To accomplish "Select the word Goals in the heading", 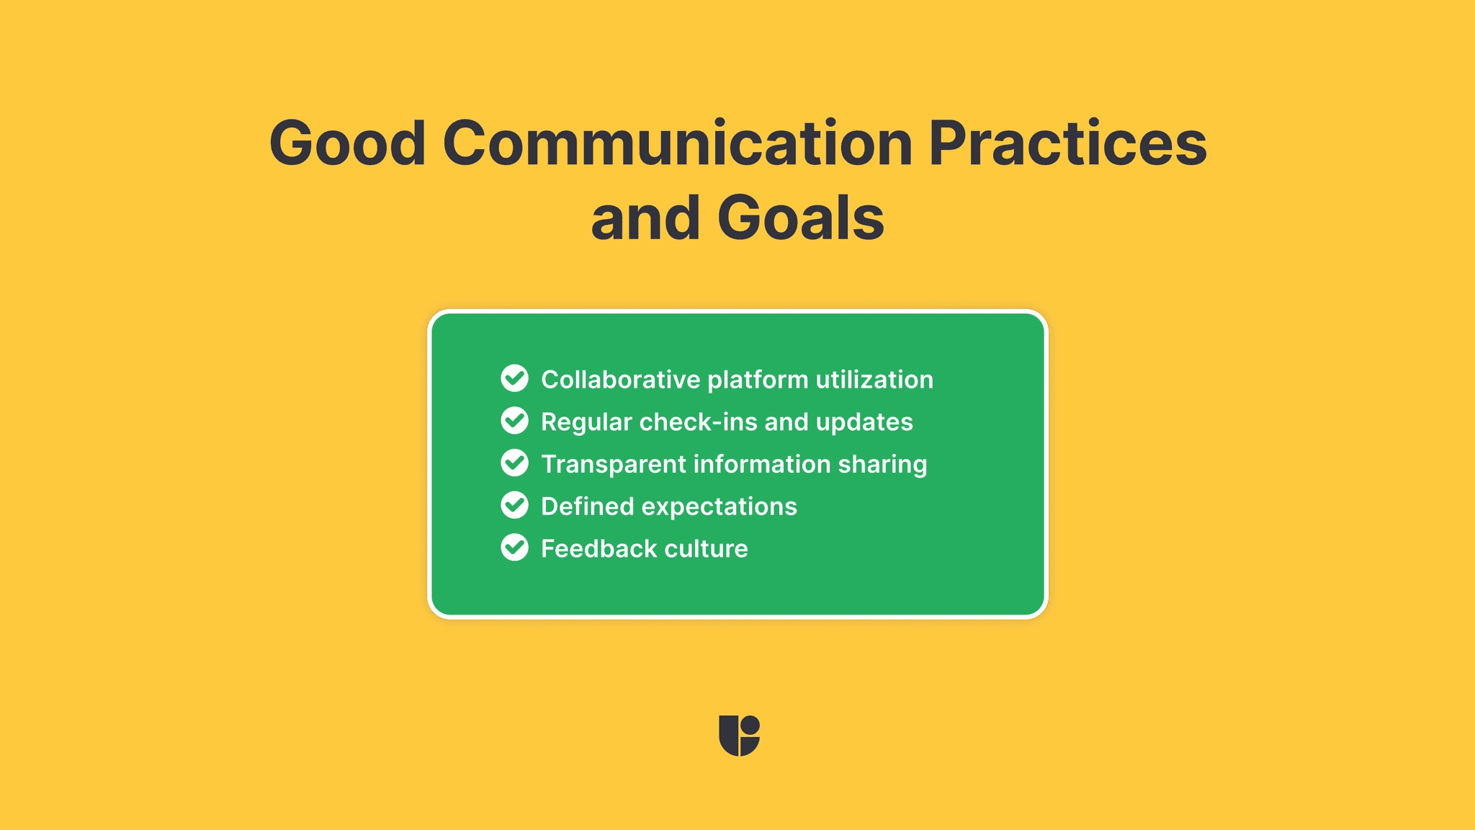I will coord(800,218).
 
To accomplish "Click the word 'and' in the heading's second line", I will coord(645,218).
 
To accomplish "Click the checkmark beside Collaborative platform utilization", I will coord(514,378).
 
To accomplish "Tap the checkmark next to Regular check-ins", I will coord(514,421).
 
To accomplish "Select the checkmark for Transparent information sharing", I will coord(514,463).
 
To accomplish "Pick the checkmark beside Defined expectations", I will coord(514,506).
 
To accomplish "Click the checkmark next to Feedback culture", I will coord(514,548).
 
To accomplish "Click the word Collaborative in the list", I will coord(620,380).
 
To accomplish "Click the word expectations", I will coord(719,507).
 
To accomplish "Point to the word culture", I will coord(706,549).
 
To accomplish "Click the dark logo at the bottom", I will coord(739,736).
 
